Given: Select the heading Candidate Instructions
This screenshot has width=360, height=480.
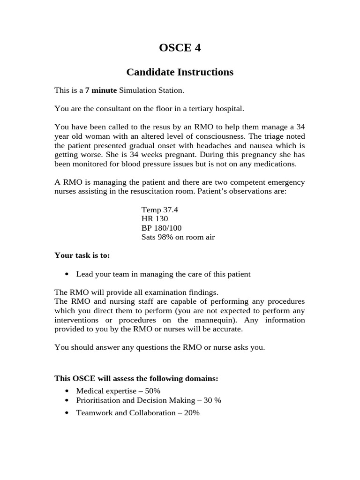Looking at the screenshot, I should (180, 72).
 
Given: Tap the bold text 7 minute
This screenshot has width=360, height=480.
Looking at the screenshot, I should (101, 90).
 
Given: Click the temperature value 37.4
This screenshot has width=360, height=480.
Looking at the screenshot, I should (170, 210).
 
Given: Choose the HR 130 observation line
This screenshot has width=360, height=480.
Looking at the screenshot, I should (154, 218).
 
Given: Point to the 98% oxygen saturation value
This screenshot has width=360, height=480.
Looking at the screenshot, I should (166, 237).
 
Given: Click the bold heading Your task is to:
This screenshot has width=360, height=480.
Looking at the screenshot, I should (82, 255).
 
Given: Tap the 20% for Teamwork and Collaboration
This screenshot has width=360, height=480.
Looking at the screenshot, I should (191, 412).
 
